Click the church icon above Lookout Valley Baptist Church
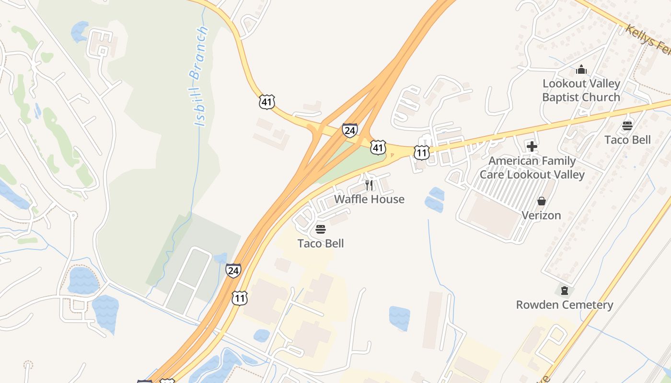tap(581, 70)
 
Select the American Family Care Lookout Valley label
tap(532, 168)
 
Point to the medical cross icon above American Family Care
tap(532, 146)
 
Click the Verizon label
tap(541, 215)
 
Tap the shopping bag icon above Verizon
tap(541, 201)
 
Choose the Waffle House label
tap(369, 199)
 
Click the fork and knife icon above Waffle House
tap(369, 185)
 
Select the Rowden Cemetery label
tap(565, 305)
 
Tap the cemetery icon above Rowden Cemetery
tap(565, 291)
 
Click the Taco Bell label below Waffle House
tap(321, 243)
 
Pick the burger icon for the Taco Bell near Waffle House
tap(321, 229)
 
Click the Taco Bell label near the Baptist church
tap(627, 140)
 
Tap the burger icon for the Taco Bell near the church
tap(627, 126)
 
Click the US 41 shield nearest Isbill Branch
tap(267, 101)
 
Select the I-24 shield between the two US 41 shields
tap(349, 130)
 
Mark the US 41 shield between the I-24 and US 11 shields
tap(378, 147)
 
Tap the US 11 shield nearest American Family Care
tap(421, 153)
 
